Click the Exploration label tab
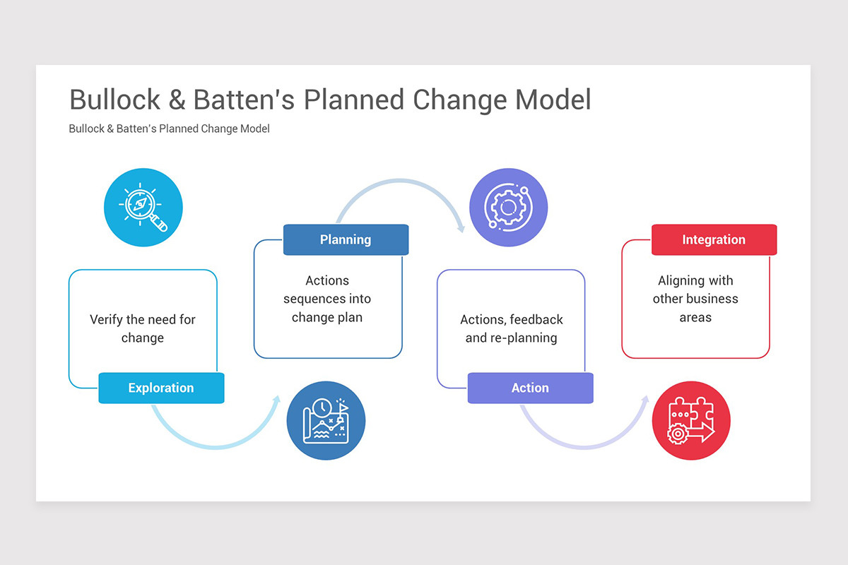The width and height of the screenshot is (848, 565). [161, 388]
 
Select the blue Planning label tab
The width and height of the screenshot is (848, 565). [346, 239]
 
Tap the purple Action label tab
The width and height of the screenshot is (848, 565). [530, 388]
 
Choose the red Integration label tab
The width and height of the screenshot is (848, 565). [714, 239]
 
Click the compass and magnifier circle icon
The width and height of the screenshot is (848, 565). [143, 208]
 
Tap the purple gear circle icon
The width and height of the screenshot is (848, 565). [508, 208]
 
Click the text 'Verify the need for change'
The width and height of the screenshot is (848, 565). [143, 328]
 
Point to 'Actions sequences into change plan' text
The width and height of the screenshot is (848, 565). [327, 299]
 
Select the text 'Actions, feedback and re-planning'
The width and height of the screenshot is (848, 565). [511, 328]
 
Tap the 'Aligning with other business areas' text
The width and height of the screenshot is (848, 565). [695, 299]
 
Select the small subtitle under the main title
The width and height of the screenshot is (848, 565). [169, 129]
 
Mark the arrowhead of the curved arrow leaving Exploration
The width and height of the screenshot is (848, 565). [276, 400]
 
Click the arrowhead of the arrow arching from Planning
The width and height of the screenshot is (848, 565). [461, 227]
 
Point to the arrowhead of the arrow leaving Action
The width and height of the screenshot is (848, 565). [644, 400]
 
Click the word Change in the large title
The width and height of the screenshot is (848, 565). [460, 100]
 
